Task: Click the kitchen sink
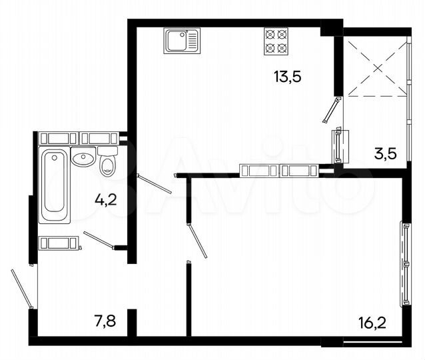coord(181,41)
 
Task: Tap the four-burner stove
coord(276,41)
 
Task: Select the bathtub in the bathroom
coord(54,186)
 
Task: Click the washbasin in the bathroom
coord(83,159)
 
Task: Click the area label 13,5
coord(287,76)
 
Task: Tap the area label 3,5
coord(385,154)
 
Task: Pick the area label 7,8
coord(105,322)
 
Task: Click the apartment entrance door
coord(21,287)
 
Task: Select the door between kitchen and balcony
coord(331,111)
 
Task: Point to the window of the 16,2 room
coord(404,264)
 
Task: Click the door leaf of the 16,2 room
coord(198,240)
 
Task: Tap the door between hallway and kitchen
coord(155,184)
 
